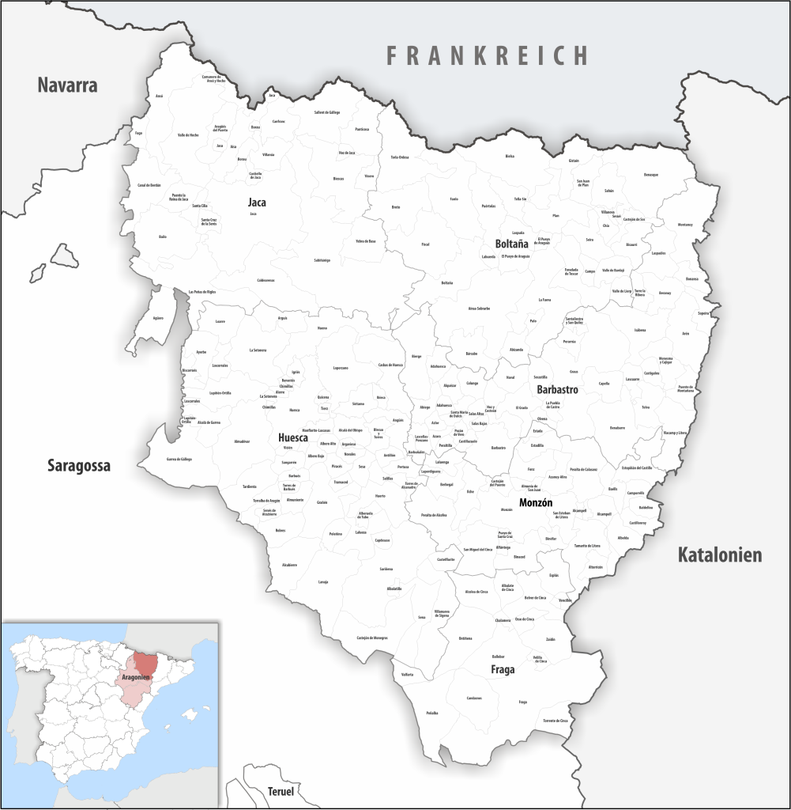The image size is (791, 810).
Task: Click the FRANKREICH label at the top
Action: tap(487, 55)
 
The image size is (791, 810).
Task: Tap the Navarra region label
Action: tap(67, 85)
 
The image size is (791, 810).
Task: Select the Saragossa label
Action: tap(78, 465)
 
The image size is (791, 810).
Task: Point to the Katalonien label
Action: tap(720, 555)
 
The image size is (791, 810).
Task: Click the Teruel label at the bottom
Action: tap(281, 792)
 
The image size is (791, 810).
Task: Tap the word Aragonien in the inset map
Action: tap(136, 678)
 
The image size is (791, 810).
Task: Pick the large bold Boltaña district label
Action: tap(511, 244)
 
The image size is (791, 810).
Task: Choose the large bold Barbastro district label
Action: tap(557, 390)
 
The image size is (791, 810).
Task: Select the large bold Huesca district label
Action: tap(293, 437)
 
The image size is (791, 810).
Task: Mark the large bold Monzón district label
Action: tap(536, 503)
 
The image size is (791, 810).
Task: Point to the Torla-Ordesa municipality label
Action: tap(399, 157)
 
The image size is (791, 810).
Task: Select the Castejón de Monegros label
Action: tap(371, 638)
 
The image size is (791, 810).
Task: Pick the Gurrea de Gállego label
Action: tap(179, 459)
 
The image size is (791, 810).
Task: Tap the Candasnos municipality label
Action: tap(474, 698)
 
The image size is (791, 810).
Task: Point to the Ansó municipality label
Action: tap(159, 96)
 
